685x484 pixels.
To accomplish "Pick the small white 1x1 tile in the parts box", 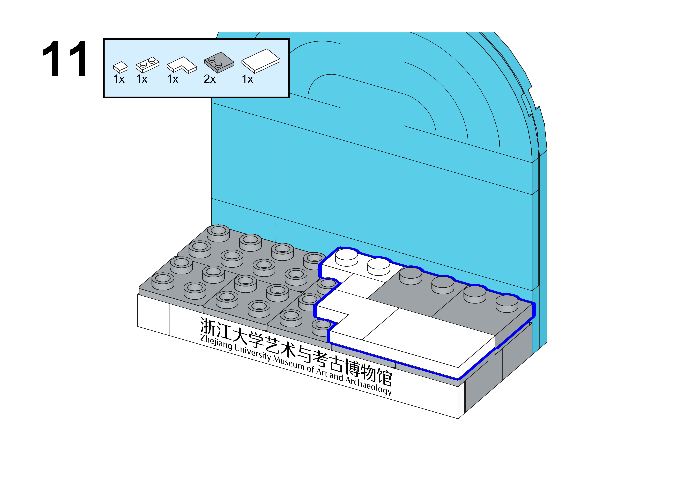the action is click(121, 67).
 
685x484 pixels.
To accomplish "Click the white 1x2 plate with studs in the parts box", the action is click(147, 64).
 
